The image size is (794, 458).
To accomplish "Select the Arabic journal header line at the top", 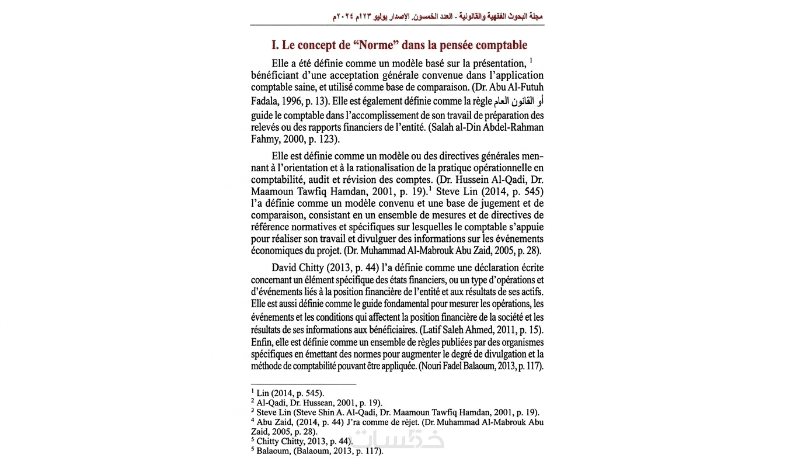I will click(x=438, y=16).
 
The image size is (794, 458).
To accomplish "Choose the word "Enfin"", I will click(x=263, y=342).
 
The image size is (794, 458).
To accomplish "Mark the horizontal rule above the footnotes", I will click(x=304, y=384).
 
